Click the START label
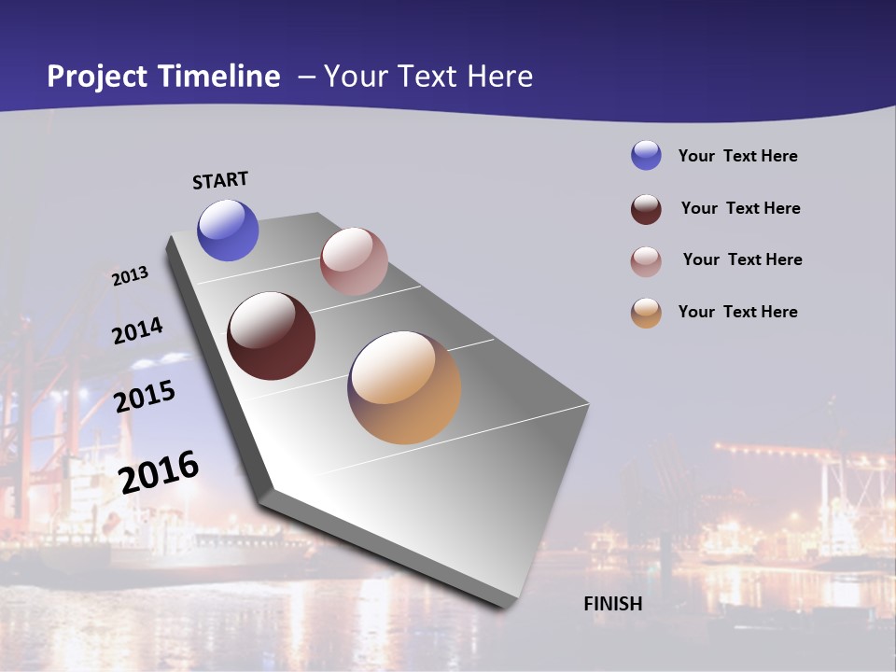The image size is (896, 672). click(x=220, y=180)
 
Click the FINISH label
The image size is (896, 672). click(x=613, y=604)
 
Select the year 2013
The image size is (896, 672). click(x=130, y=276)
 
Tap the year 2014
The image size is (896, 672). click(x=137, y=330)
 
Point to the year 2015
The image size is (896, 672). click(x=145, y=397)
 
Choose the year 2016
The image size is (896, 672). click(x=159, y=472)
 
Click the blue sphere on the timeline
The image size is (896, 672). click(x=228, y=231)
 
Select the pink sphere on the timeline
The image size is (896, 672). click(x=354, y=261)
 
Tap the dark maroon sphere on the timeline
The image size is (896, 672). click(x=272, y=336)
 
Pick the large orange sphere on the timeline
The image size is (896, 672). click(x=404, y=387)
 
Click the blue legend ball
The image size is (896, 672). click(x=646, y=155)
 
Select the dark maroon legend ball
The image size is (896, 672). click(x=646, y=209)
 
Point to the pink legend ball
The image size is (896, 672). click(x=646, y=261)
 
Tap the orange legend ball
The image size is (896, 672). click(x=646, y=313)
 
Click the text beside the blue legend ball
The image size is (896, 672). click(x=737, y=156)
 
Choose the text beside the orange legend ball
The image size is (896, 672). click(x=737, y=312)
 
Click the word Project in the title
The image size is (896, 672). click(x=97, y=77)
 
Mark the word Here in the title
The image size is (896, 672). click(x=500, y=77)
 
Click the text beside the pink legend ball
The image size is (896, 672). click(x=742, y=259)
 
